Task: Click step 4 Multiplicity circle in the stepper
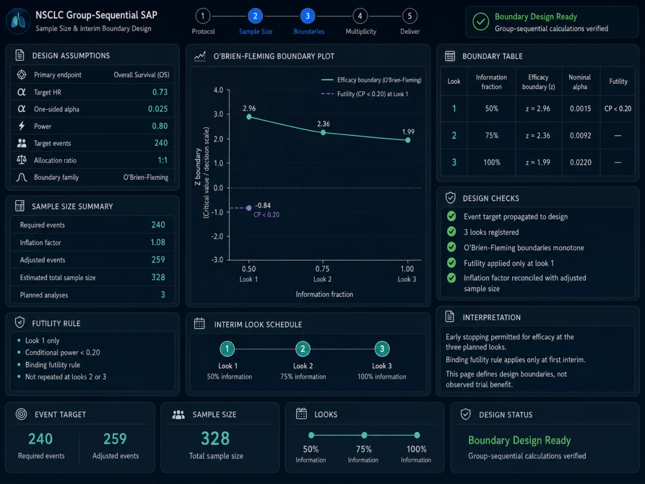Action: (360, 16)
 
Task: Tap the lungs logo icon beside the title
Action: (18, 21)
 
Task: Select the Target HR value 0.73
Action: (160, 92)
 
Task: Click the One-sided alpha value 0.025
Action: (158, 109)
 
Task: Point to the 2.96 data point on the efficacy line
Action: (249, 117)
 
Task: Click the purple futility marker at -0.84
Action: (249, 208)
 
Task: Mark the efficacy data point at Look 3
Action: (407, 140)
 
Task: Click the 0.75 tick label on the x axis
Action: (322, 269)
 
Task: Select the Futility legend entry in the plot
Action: (364, 94)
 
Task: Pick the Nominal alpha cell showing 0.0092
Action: (580, 136)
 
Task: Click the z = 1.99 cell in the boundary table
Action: (537, 162)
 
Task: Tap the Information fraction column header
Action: (491, 82)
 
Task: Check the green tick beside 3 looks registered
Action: (451, 232)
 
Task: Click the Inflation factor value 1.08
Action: (158, 243)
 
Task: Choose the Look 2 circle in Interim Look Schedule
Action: (303, 349)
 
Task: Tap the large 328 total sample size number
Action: (216, 438)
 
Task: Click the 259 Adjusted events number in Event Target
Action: (115, 439)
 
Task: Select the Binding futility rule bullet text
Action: (53, 365)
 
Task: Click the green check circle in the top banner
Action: (481, 22)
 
